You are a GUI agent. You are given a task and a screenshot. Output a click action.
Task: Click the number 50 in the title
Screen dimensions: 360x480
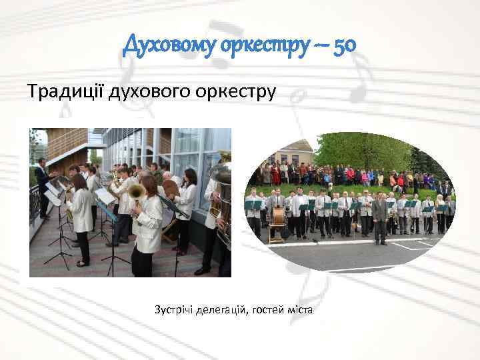pos(344,45)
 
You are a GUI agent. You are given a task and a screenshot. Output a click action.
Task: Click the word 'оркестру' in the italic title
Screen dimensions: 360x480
pos(261,46)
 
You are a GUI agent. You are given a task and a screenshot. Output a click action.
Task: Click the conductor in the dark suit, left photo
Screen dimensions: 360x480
pos(43,187)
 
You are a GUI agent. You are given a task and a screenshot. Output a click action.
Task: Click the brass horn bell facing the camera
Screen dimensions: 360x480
pos(136,191)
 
